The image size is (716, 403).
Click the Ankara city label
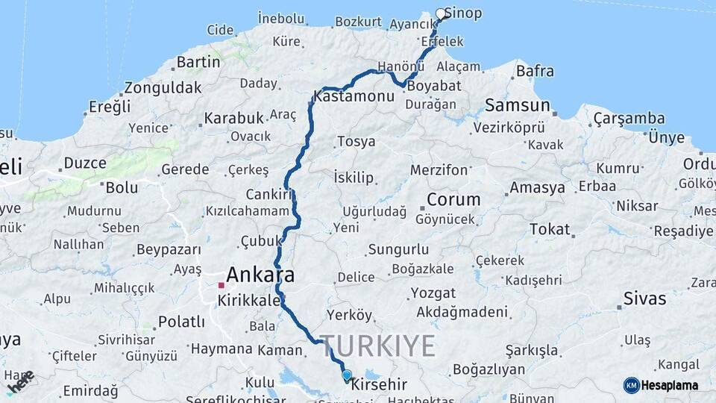[x=260, y=275]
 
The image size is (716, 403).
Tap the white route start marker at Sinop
[x=441, y=13]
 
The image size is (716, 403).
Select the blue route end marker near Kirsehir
[x=347, y=375]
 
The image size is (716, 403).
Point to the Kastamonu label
[x=354, y=97]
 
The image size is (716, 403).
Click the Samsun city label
[x=517, y=105]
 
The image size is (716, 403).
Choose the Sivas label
[x=645, y=299]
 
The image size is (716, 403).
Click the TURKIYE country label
[x=377, y=346]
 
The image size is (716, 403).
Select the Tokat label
[x=549, y=229]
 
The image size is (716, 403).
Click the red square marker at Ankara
[x=222, y=285]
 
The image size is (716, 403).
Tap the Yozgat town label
[x=433, y=293]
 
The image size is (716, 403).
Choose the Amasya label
[x=537, y=187]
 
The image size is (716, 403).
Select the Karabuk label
[x=234, y=118]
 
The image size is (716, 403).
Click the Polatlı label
[x=181, y=322]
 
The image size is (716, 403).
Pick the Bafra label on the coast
[x=536, y=72]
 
